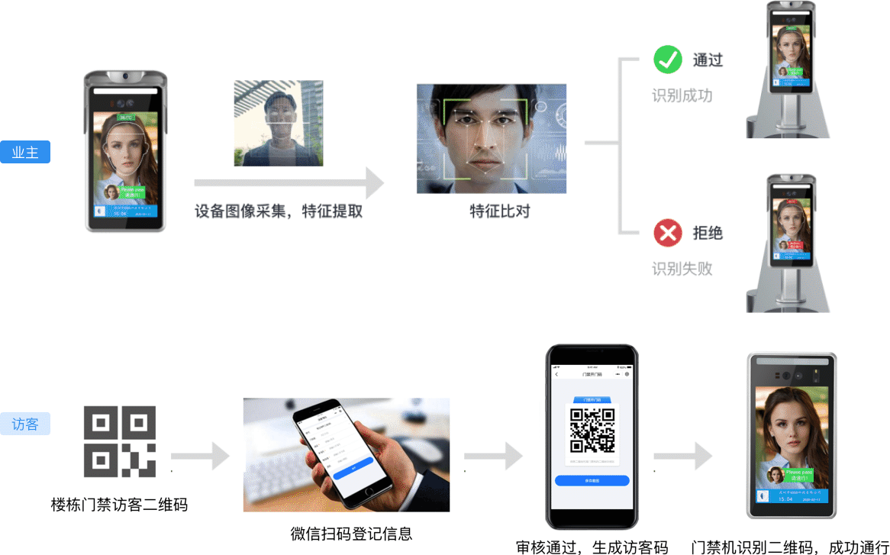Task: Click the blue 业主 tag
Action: [x=25, y=152]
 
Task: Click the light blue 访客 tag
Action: [x=25, y=424]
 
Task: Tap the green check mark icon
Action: [x=668, y=60]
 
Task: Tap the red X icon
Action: [x=668, y=233]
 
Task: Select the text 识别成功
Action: [x=682, y=96]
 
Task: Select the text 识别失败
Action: [x=682, y=269]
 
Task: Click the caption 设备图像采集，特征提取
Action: [x=279, y=211]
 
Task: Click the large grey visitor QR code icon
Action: [x=120, y=442]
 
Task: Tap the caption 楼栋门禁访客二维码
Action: [x=119, y=505]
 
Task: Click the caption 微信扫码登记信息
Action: [x=351, y=533]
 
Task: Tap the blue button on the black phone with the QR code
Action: [x=592, y=481]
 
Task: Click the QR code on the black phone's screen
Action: [x=592, y=430]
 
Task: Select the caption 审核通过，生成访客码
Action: [x=592, y=547]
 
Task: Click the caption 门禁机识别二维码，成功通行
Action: [x=789, y=547]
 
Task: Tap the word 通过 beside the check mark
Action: [x=708, y=60]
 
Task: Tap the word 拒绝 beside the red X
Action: [x=708, y=233]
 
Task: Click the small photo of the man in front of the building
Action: [x=279, y=123]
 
